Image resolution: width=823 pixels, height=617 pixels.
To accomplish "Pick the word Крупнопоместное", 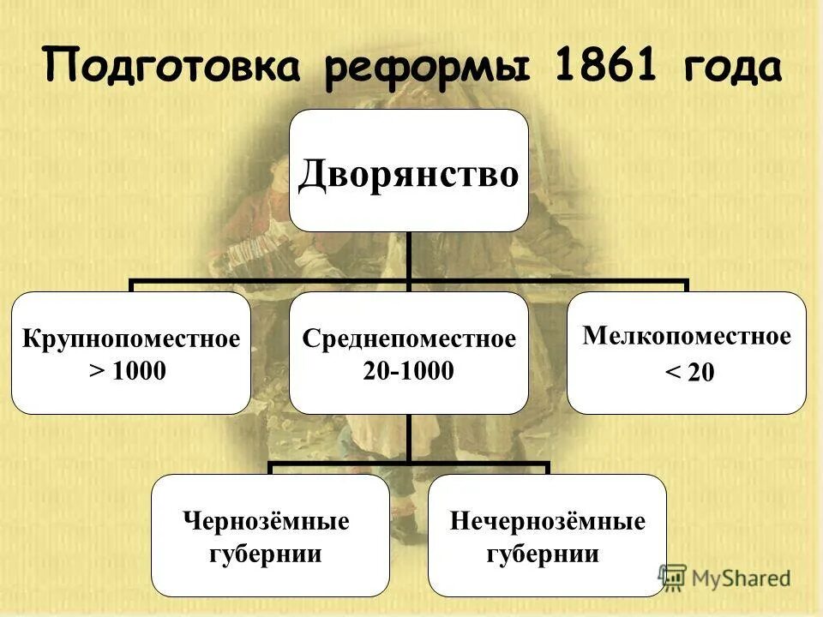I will pos(130,338).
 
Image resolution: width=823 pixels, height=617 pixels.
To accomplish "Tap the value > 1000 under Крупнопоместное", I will pos(130,371).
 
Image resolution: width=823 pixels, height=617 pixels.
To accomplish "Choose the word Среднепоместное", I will pos(408,338).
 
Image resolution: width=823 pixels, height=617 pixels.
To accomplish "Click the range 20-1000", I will pos(408,370).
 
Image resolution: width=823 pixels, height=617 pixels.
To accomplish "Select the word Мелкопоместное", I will pos(686,336).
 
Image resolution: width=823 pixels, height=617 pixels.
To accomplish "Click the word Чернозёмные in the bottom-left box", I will pos(267,521).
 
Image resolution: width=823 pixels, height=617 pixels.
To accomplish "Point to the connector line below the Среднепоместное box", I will pos(408,440).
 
